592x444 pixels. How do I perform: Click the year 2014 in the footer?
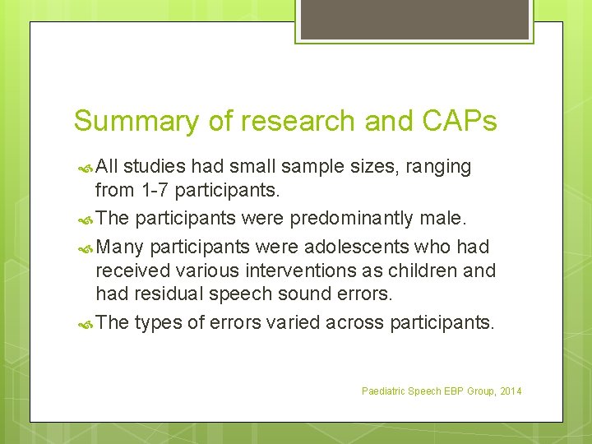pyautogui.click(x=509, y=391)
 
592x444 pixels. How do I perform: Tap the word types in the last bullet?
pyautogui.click(x=158, y=322)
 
